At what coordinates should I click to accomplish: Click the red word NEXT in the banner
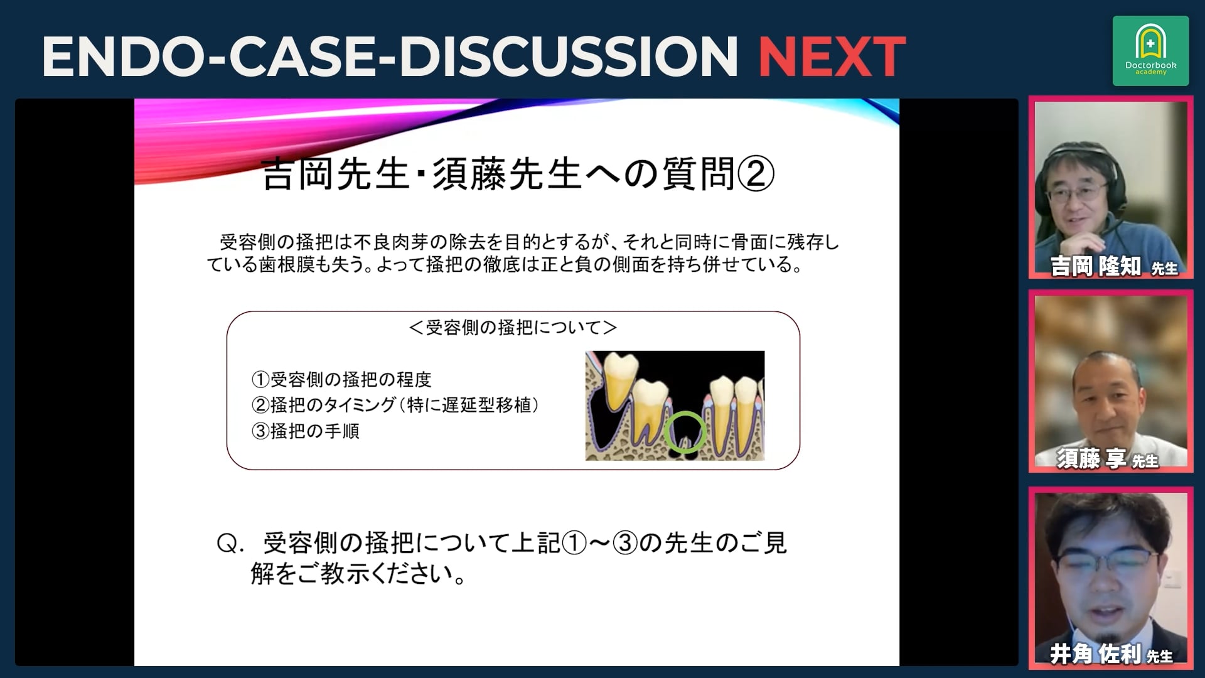(x=832, y=56)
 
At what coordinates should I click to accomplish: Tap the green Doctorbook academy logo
(x=1150, y=51)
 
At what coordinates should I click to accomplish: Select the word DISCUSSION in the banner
(x=568, y=56)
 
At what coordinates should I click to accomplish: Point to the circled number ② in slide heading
(x=756, y=174)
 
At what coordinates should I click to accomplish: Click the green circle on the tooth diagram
(x=685, y=431)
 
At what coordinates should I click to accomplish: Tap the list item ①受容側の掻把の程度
(x=341, y=379)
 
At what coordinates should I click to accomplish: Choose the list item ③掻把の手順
(x=305, y=431)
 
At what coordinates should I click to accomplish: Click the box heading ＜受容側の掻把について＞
(x=513, y=327)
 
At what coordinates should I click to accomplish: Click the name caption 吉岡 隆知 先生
(x=1114, y=266)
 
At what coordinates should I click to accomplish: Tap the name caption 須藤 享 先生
(x=1107, y=459)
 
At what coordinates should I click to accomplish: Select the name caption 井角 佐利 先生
(x=1111, y=654)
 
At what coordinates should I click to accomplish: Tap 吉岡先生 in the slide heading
(x=336, y=174)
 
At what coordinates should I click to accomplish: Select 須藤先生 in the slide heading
(x=507, y=174)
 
